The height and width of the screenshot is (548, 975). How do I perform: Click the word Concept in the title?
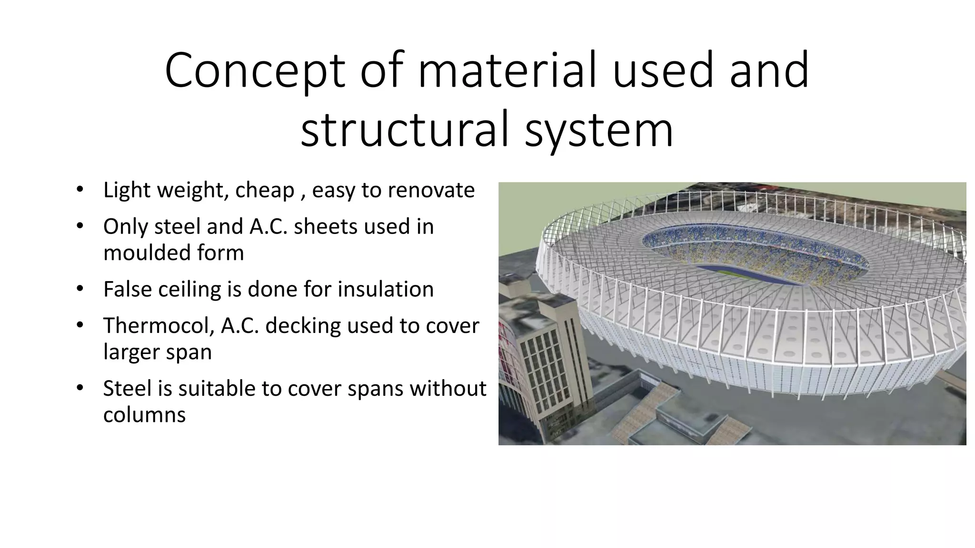click(x=254, y=71)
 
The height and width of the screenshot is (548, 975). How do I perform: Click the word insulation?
click(x=386, y=289)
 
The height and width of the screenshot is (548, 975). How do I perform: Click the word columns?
click(x=144, y=415)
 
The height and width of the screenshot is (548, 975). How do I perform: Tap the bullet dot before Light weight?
click(x=80, y=190)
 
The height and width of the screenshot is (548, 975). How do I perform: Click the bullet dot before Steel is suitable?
click(x=80, y=388)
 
